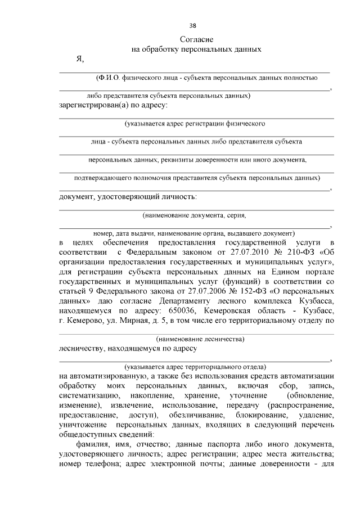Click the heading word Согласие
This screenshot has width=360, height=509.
196,39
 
